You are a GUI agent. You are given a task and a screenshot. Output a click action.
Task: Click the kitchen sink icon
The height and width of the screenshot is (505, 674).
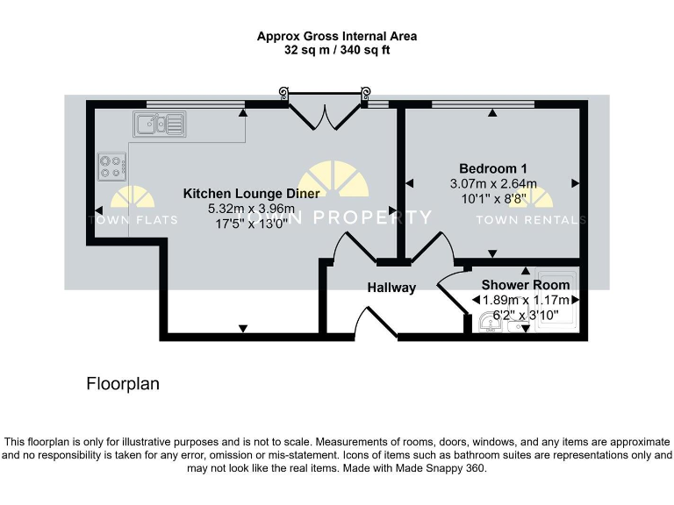(x=160, y=124)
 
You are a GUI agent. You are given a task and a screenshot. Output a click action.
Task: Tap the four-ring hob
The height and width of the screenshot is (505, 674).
(x=111, y=166)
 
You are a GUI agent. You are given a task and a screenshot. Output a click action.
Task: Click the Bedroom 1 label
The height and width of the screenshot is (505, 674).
(x=492, y=168)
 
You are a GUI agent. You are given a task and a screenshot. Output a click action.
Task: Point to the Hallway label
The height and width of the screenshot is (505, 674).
(x=391, y=288)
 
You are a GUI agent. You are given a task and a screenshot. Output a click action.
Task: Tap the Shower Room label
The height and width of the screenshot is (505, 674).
(x=525, y=285)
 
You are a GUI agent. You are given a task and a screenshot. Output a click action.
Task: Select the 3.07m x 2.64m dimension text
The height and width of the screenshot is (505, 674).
(x=492, y=184)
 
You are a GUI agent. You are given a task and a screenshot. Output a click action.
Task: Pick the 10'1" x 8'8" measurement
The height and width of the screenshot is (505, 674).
(x=492, y=199)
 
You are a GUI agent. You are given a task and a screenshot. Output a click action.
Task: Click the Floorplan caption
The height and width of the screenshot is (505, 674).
(x=123, y=384)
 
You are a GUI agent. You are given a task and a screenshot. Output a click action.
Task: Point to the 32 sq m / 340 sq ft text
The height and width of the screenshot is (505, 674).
(x=337, y=51)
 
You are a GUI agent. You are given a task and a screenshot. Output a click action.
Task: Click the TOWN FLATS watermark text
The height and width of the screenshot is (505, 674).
(x=133, y=220)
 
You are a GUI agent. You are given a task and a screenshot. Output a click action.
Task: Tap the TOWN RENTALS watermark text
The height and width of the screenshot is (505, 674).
(x=530, y=220)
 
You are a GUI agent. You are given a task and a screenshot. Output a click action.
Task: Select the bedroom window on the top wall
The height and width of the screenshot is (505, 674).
(x=483, y=104)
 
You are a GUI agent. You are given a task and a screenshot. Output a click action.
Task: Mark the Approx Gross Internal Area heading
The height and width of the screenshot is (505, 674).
(x=337, y=37)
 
